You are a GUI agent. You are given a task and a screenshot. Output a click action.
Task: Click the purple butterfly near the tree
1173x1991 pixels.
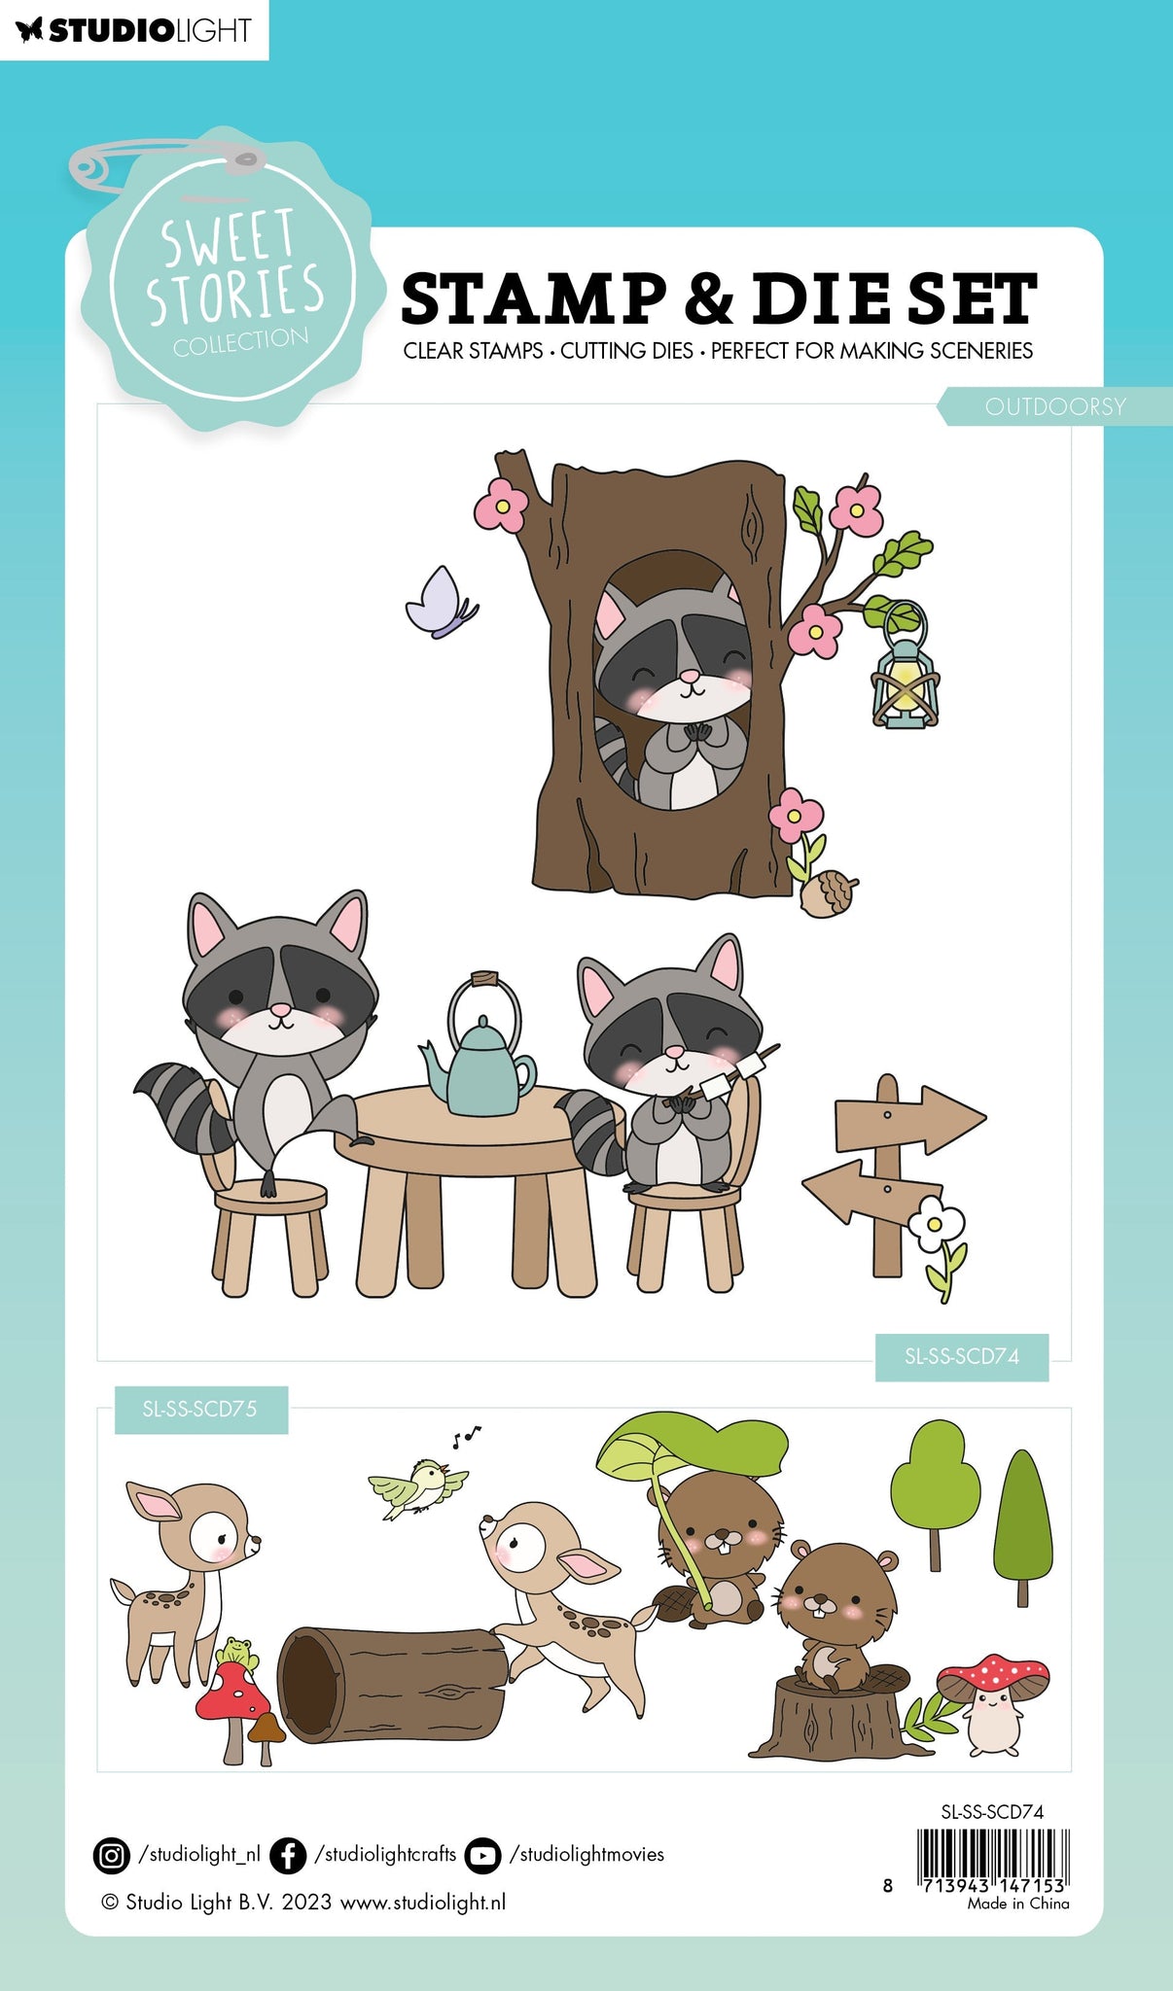click(x=441, y=603)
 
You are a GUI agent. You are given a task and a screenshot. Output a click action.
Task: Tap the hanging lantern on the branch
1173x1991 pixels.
click(x=906, y=672)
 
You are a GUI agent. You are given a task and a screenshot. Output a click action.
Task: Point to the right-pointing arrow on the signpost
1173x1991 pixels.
click(x=909, y=1117)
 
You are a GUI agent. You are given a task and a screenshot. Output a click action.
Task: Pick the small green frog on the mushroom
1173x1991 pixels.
click(x=237, y=1651)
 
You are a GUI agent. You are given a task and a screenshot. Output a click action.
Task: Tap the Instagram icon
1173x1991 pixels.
click(x=112, y=1855)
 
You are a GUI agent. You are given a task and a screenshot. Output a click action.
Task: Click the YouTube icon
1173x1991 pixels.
click(x=482, y=1855)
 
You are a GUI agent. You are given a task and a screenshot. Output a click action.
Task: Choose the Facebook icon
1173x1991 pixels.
click(x=288, y=1855)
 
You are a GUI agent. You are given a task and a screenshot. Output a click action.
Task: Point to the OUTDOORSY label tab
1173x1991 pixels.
click(x=1055, y=406)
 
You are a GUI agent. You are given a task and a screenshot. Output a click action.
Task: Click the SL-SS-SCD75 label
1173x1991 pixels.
click(x=200, y=1409)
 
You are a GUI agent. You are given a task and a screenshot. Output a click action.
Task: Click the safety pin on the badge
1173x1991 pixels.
click(x=165, y=167)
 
